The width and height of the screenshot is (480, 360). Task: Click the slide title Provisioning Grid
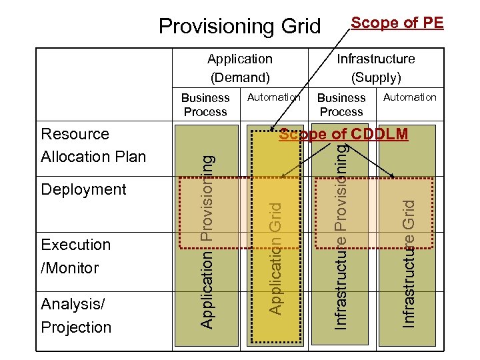239,26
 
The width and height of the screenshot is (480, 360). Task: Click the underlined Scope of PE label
397,23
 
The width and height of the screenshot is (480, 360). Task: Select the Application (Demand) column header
239,68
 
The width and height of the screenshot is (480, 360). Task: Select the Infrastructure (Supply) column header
375,68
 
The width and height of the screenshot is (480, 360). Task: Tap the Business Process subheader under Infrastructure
341,105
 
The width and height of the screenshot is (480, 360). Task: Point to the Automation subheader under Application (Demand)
273,97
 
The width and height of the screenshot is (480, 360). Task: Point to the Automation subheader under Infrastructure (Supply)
409,97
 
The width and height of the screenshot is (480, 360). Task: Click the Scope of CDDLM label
343,134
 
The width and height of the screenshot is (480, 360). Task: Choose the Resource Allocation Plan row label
93,145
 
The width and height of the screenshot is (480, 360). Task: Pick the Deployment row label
83,189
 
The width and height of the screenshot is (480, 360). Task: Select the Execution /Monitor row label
75,256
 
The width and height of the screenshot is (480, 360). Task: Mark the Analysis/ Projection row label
75,315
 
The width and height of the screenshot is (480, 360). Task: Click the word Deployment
83,189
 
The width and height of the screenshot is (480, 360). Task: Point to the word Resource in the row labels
75,134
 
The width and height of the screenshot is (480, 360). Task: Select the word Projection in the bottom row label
76,327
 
